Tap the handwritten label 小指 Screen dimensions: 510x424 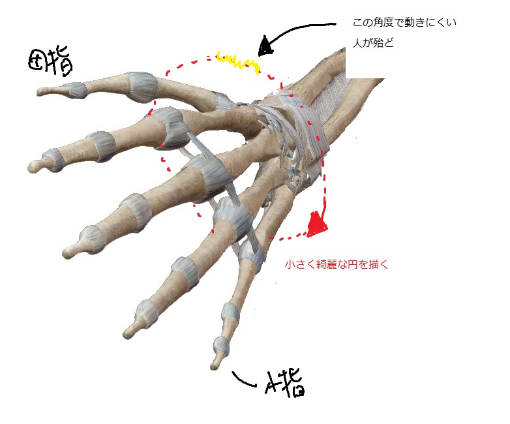[286, 383]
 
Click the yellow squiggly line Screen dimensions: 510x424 [237, 62]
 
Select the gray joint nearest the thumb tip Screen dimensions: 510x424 [76, 90]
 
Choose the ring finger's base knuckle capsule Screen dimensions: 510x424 [232, 217]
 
